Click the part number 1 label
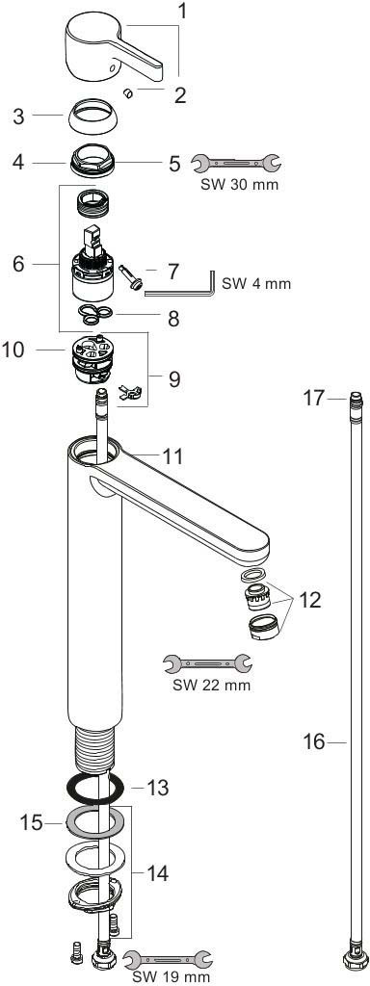point(182,11)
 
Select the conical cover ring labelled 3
point(94,116)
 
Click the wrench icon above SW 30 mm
point(236,164)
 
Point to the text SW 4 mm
point(256,284)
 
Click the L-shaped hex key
point(180,284)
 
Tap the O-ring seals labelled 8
point(96,314)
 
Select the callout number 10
point(14,350)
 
